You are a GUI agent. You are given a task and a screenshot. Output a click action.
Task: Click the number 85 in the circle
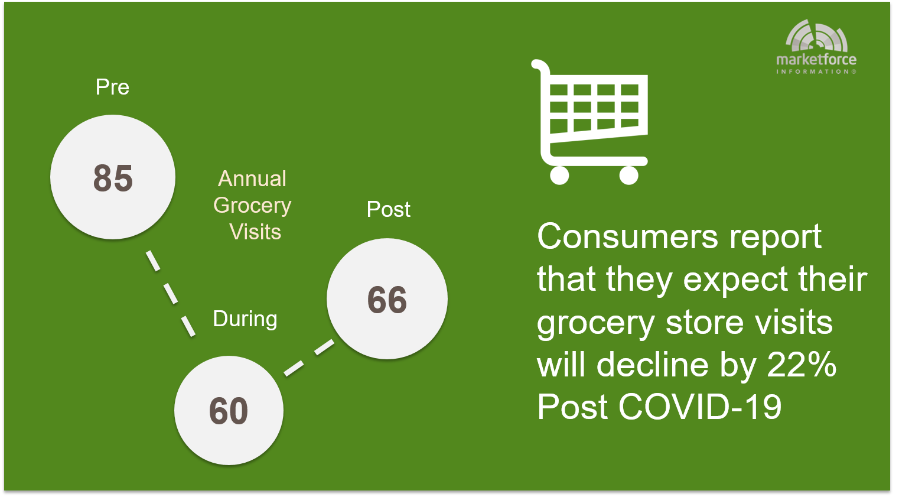click(x=113, y=178)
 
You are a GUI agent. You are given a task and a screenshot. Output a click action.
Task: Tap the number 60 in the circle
click(x=229, y=411)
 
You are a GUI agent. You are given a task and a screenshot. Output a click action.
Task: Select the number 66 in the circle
click(x=387, y=300)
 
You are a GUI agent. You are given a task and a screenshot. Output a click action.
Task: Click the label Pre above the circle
click(x=112, y=87)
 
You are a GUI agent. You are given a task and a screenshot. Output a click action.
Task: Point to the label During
click(x=245, y=319)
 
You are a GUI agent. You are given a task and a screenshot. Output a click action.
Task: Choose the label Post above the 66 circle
click(x=388, y=209)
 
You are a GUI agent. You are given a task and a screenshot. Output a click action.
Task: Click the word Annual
click(x=252, y=178)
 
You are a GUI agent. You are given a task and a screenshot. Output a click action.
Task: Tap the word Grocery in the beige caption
click(x=252, y=206)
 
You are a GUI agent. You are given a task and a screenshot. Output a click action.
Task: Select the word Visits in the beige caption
click(x=255, y=232)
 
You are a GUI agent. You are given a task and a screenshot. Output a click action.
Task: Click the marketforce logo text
click(x=816, y=60)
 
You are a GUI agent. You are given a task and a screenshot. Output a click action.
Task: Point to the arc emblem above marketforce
click(x=816, y=36)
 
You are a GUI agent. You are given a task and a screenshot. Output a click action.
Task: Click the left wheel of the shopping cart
click(x=559, y=175)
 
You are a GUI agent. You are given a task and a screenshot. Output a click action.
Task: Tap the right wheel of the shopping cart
click(x=628, y=175)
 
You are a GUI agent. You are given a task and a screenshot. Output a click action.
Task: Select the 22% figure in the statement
click(x=802, y=365)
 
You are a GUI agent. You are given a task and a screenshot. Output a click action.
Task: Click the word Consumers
click(x=627, y=236)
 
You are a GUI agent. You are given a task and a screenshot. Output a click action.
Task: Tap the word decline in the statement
click(x=653, y=365)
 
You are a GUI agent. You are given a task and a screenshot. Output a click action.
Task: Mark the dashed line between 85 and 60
click(x=171, y=294)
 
